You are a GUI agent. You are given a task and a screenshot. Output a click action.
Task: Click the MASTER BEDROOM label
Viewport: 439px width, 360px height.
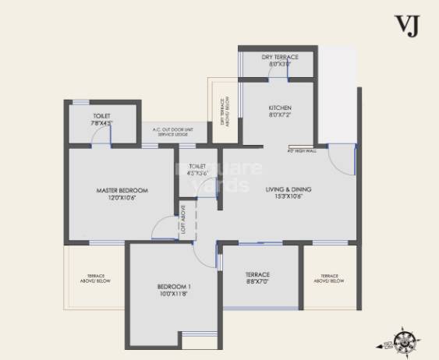click(122, 190)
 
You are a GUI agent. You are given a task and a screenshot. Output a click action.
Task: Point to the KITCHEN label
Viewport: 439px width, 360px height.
click(279, 107)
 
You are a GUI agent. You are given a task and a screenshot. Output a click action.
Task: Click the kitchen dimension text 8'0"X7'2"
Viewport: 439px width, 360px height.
click(279, 115)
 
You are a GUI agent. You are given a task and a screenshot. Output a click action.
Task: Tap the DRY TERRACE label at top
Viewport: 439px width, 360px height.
click(278, 57)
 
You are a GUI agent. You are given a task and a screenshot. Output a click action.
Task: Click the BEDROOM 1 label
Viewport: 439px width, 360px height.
click(174, 288)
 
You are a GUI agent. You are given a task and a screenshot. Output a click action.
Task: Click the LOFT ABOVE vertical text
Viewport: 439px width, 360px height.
click(183, 219)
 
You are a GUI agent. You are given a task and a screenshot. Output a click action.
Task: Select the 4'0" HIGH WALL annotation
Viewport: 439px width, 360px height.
click(300, 151)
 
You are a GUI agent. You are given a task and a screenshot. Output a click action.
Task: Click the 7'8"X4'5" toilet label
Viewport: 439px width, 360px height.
click(102, 122)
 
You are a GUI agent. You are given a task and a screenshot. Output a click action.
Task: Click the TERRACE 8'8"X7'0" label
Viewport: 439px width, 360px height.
click(257, 279)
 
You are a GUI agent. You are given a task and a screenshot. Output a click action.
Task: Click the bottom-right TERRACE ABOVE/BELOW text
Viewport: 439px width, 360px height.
click(330, 278)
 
